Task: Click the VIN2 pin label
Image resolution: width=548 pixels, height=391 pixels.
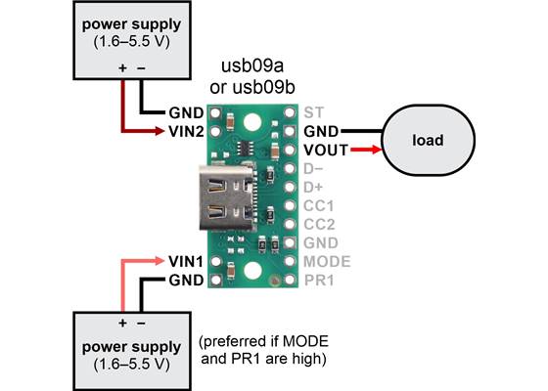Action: [186, 130]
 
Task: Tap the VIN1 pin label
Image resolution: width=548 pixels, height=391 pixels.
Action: [186, 261]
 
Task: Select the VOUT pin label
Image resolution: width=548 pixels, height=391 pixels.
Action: [326, 150]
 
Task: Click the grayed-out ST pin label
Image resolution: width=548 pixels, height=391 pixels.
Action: [313, 111]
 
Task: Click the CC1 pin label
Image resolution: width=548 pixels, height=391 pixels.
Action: [320, 205]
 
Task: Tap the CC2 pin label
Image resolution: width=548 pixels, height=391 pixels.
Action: [320, 224]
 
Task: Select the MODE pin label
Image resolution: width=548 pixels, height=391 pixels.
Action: [326, 262]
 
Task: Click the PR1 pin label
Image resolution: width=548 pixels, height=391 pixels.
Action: [320, 281]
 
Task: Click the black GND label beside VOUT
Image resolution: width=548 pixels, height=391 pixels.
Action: [322, 130]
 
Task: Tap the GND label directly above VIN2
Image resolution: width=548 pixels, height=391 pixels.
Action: [186, 111]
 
